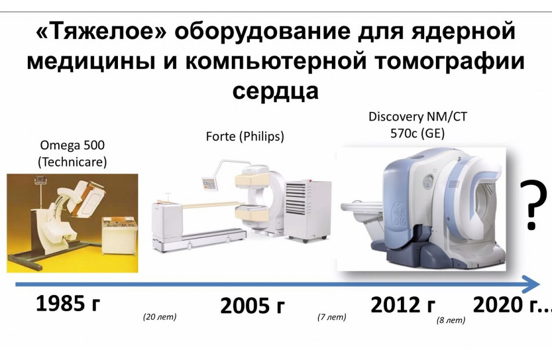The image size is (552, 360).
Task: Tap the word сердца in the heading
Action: (275, 91)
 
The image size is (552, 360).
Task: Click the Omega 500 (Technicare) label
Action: (72, 153)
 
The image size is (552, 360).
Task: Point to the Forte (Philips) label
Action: (245, 136)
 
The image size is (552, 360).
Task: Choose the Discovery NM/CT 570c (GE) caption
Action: (418, 125)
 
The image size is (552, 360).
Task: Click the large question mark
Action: (533, 204)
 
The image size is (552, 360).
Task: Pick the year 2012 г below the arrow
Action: (403, 305)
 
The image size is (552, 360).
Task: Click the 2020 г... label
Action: (512, 305)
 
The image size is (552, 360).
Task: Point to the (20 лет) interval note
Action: (159, 316)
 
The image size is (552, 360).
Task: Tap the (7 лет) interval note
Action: (332, 317)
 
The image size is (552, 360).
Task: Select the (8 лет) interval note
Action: (451, 321)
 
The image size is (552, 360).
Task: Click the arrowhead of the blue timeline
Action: (532, 284)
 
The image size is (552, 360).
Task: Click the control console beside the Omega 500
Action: (119, 236)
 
